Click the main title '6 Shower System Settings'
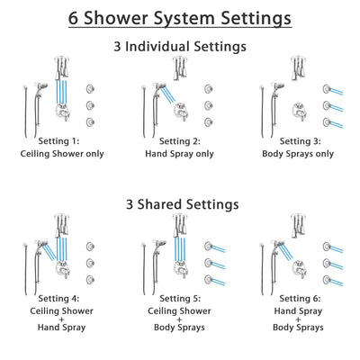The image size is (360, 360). (x=180, y=17)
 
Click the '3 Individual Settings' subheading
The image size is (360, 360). (x=180, y=45)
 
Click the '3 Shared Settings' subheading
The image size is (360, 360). (x=180, y=204)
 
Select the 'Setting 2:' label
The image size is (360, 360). (x=180, y=140)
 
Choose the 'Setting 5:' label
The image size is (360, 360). (x=180, y=300)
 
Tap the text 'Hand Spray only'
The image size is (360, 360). (x=180, y=153)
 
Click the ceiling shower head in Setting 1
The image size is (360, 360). (x=58, y=67)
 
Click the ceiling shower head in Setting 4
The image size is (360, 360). (x=58, y=227)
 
